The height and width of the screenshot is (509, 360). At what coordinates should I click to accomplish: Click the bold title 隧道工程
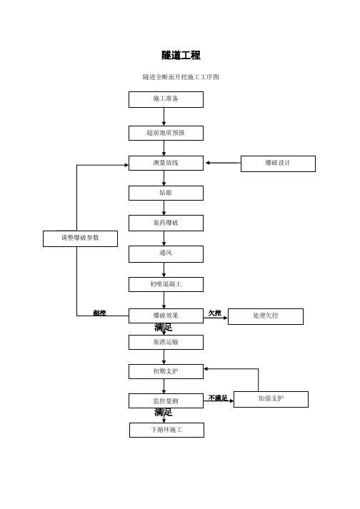[x=181, y=55]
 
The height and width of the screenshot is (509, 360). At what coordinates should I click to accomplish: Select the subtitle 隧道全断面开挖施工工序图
[x=181, y=77]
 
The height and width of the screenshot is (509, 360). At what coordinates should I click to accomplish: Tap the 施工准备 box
[x=166, y=99]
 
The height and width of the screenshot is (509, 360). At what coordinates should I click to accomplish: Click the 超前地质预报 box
[x=166, y=133]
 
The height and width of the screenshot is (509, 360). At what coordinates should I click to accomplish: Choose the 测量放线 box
[x=166, y=163]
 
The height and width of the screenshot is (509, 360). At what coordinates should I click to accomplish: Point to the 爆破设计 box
[x=278, y=163]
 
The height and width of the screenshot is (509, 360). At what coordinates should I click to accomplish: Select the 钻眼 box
[x=166, y=193]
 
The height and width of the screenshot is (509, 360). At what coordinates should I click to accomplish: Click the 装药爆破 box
[x=166, y=223]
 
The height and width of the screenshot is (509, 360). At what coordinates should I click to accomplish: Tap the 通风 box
[x=166, y=254]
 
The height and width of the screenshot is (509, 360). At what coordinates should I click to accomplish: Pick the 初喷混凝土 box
[x=166, y=284]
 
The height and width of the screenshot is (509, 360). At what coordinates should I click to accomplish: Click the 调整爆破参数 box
[x=80, y=238]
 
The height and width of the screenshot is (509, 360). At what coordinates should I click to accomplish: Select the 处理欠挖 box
[x=266, y=316]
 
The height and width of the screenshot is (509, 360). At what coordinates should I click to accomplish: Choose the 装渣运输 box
[x=166, y=342]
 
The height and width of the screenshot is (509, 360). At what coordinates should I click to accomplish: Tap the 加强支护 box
[x=271, y=399]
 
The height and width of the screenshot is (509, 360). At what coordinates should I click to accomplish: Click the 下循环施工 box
[x=166, y=430]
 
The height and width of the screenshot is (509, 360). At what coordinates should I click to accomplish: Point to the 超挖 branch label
[x=99, y=313]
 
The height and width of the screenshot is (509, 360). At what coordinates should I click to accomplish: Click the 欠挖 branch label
[x=215, y=313]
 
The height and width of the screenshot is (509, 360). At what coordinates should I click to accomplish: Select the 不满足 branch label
[x=218, y=398]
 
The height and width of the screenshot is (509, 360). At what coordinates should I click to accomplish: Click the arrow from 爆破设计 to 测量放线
[x=223, y=163]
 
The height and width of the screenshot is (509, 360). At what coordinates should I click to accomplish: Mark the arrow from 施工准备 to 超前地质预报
[x=164, y=116]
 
